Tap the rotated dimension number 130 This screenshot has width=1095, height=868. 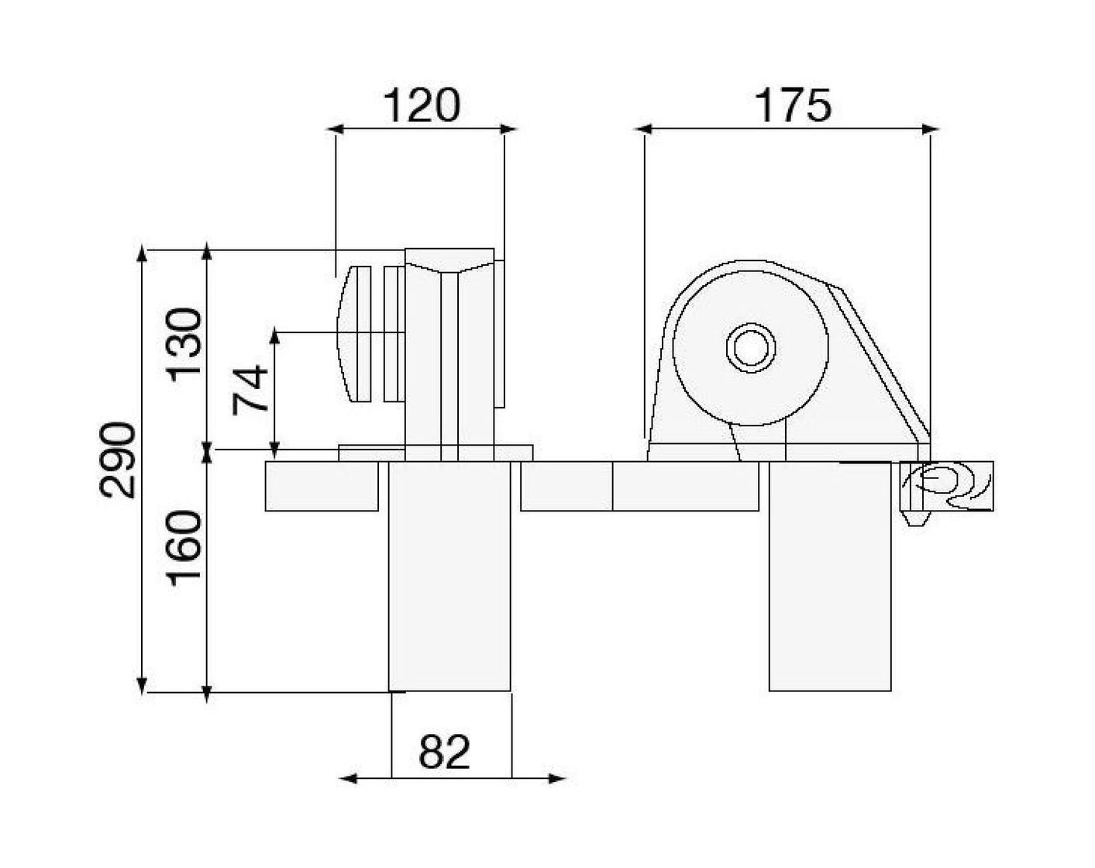186,343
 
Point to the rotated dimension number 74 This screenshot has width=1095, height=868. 251,390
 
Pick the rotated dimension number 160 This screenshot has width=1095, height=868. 186,547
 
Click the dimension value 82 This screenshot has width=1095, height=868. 444,751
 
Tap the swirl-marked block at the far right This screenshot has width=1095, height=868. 947,486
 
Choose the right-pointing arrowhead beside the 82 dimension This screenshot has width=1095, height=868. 558,778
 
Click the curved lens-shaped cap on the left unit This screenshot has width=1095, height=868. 353,333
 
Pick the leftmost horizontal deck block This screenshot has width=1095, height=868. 322,486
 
